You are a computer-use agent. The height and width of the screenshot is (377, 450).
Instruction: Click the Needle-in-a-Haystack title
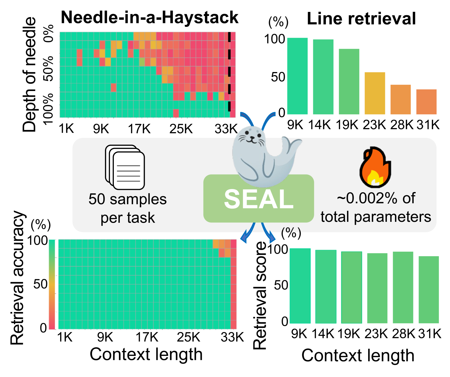pyautogui.click(x=150, y=18)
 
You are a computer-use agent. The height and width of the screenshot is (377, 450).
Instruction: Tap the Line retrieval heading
pyautogui.click(x=361, y=19)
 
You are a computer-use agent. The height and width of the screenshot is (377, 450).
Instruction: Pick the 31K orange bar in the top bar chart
pyautogui.click(x=426, y=102)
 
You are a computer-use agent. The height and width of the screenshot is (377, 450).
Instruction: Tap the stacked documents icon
pyautogui.click(x=125, y=167)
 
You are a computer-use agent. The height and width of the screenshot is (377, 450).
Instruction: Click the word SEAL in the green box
pyautogui.click(x=259, y=199)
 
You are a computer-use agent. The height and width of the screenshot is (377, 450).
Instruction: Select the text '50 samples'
pyautogui.click(x=128, y=199)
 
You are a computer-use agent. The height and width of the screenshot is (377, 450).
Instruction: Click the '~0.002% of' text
pyautogui.click(x=376, y=198)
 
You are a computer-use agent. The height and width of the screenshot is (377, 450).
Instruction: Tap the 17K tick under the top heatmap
pyautogui.click(x=139, y=129)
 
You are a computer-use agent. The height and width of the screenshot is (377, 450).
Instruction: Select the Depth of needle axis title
pyautogui.click(x=29, y=74)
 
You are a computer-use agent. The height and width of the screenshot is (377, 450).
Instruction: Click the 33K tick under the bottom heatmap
pyautogui.click(x=232, y=337)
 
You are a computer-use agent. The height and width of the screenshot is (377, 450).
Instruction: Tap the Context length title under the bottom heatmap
pyautogui.click(x=146, y=354)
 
